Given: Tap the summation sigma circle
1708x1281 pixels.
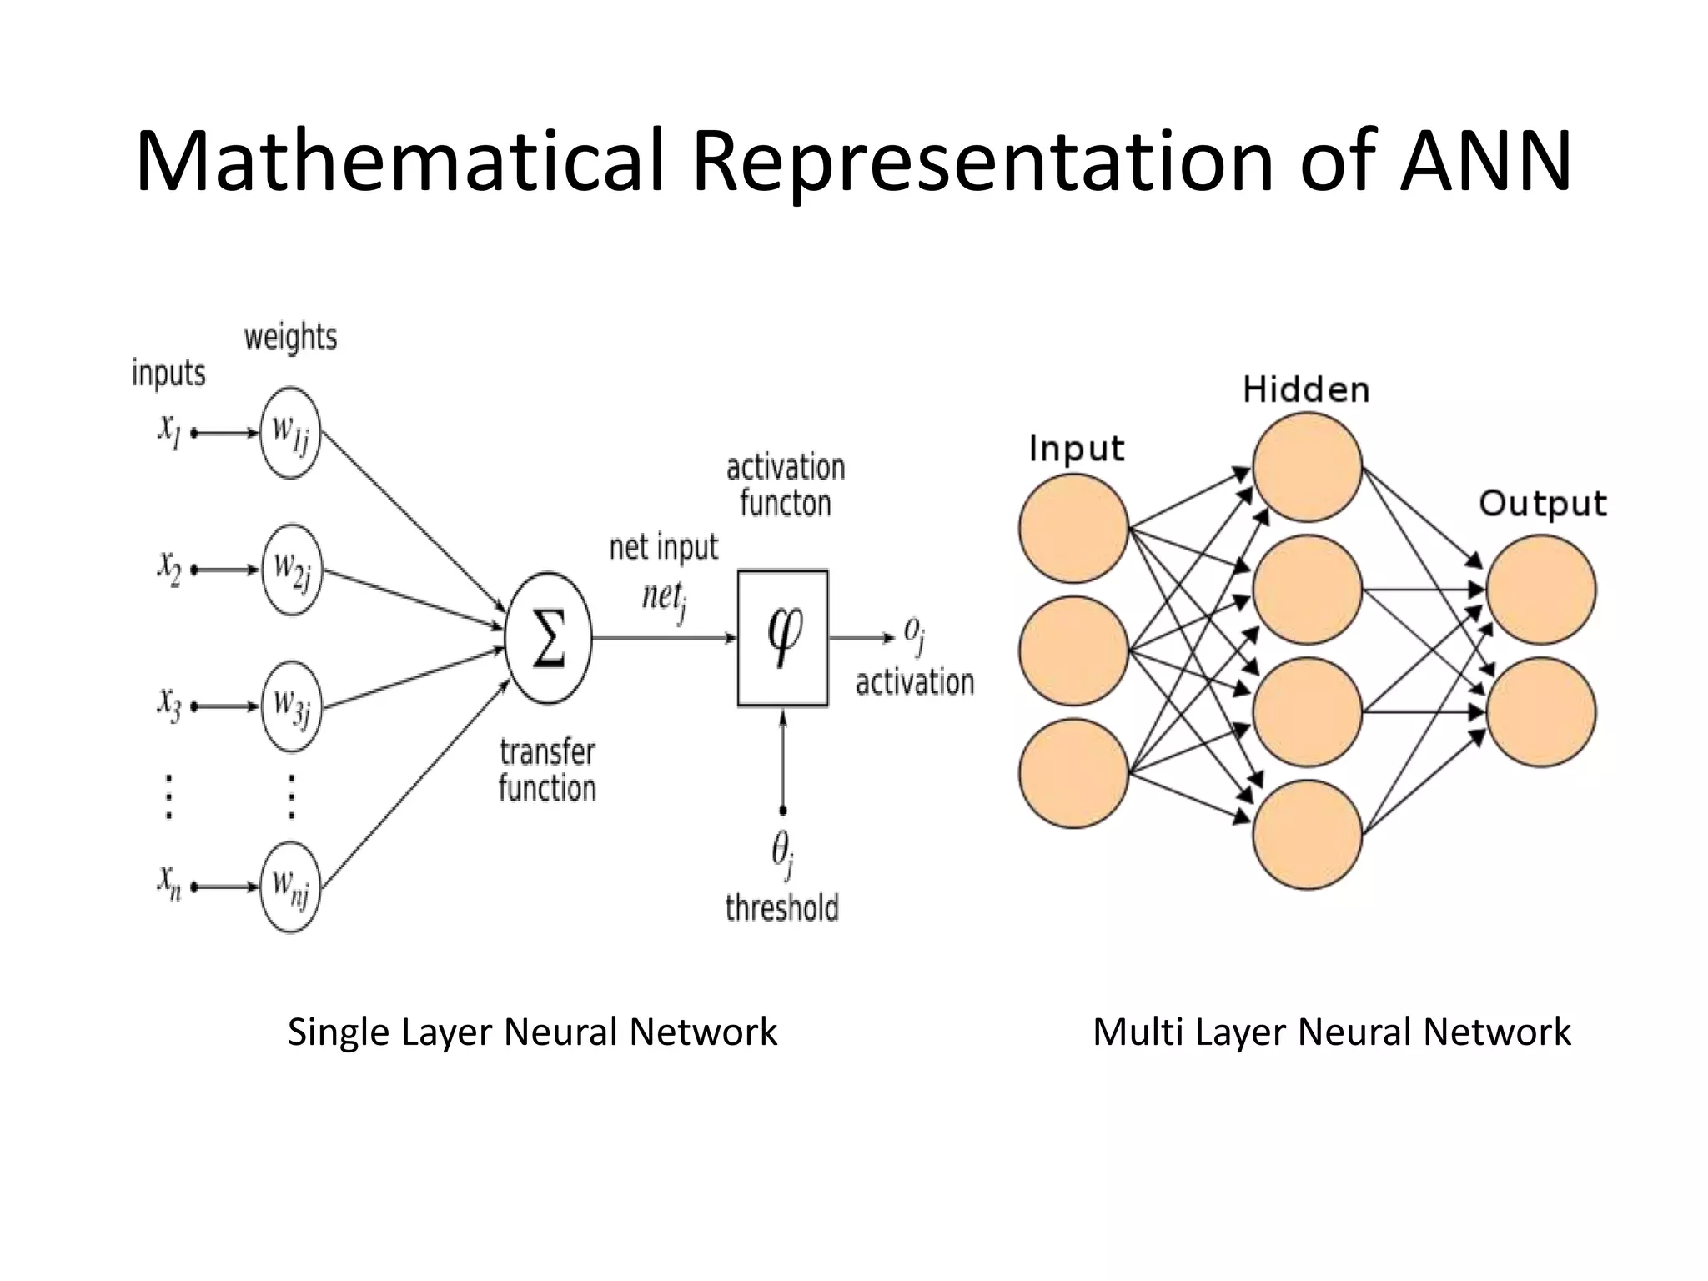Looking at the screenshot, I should (548, 638).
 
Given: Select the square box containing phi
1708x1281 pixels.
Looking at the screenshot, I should (782, 638).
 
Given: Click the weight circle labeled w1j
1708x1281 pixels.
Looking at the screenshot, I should (290, 433).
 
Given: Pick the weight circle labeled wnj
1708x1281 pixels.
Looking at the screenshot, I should (290, 887).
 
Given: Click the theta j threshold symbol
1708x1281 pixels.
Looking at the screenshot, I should (782, 852).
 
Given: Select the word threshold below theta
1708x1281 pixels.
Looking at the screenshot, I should (781, 907).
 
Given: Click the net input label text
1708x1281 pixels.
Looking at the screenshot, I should (663, 548).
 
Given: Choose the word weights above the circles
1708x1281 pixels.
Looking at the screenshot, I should (290, 338).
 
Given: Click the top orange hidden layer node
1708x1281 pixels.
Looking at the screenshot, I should (1307, 467).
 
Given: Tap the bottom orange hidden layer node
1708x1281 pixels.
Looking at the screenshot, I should (1307, 835).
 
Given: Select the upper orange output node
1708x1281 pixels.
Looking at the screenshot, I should (1540, 590).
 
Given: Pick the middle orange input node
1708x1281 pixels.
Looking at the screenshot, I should (1073, 651).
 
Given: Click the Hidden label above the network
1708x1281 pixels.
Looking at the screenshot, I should (1306, 390).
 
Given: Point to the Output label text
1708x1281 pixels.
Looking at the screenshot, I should (1542, 504).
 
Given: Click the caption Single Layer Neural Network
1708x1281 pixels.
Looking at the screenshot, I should (532, 1032).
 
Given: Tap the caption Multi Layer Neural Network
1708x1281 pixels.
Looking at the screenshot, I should (1331, 1032).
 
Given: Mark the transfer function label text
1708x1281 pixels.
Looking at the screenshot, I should (547, 771).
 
